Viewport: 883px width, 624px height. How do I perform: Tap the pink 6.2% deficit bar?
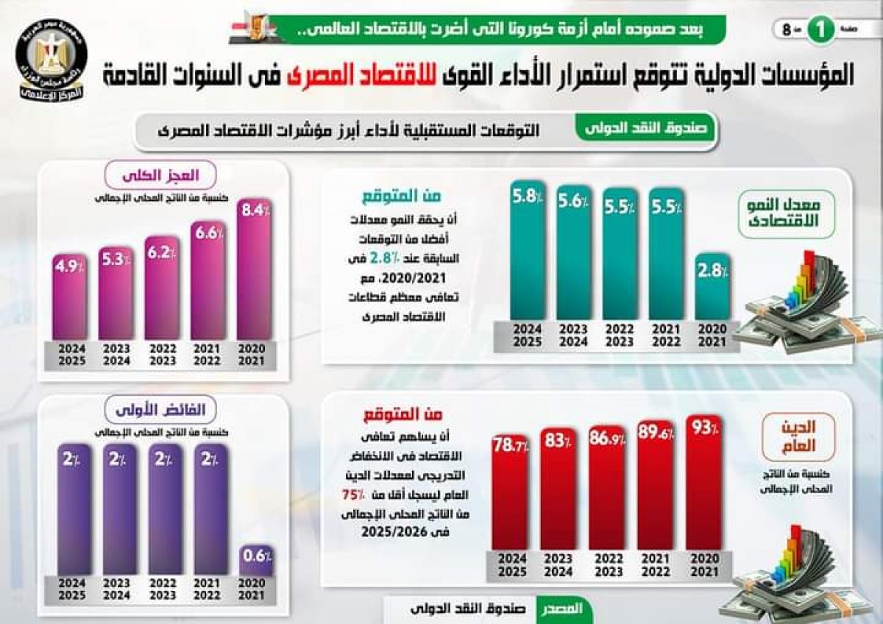pyautogui.click(x=162, y=288)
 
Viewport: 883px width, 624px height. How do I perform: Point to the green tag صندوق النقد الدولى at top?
pyautogui.click(x=645, y=129)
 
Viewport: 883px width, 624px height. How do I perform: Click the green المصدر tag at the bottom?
pyautogui.click(x=563, y=609)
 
